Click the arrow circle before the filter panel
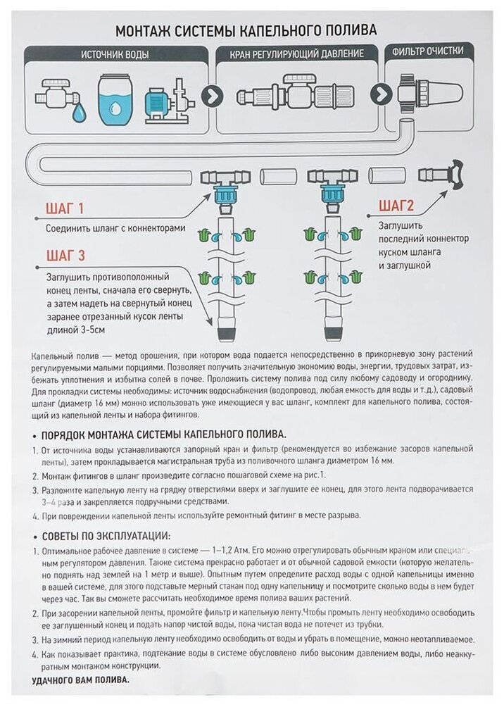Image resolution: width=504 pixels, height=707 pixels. (x=381, y=94)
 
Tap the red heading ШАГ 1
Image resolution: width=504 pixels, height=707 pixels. (x=65, y=208)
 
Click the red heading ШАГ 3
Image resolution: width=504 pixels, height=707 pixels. (x=65, y=254)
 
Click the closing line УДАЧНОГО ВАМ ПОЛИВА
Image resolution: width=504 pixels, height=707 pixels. (x=82, y=682)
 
